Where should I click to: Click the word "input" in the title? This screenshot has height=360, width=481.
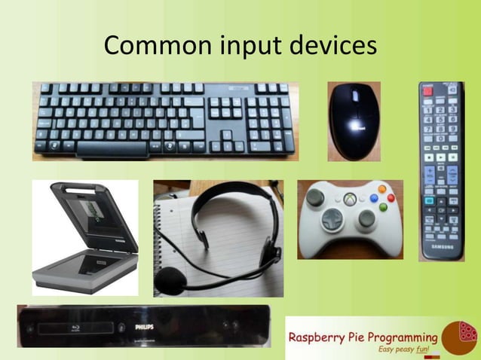[x=242, y=47]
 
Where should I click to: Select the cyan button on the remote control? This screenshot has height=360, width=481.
[x=429, y=200]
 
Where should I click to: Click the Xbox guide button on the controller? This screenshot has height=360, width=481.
[x=350, y=199]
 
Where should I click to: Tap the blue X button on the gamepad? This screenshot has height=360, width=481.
[x=373, y=199]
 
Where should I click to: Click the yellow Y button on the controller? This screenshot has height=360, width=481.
[x=382, y=189]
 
